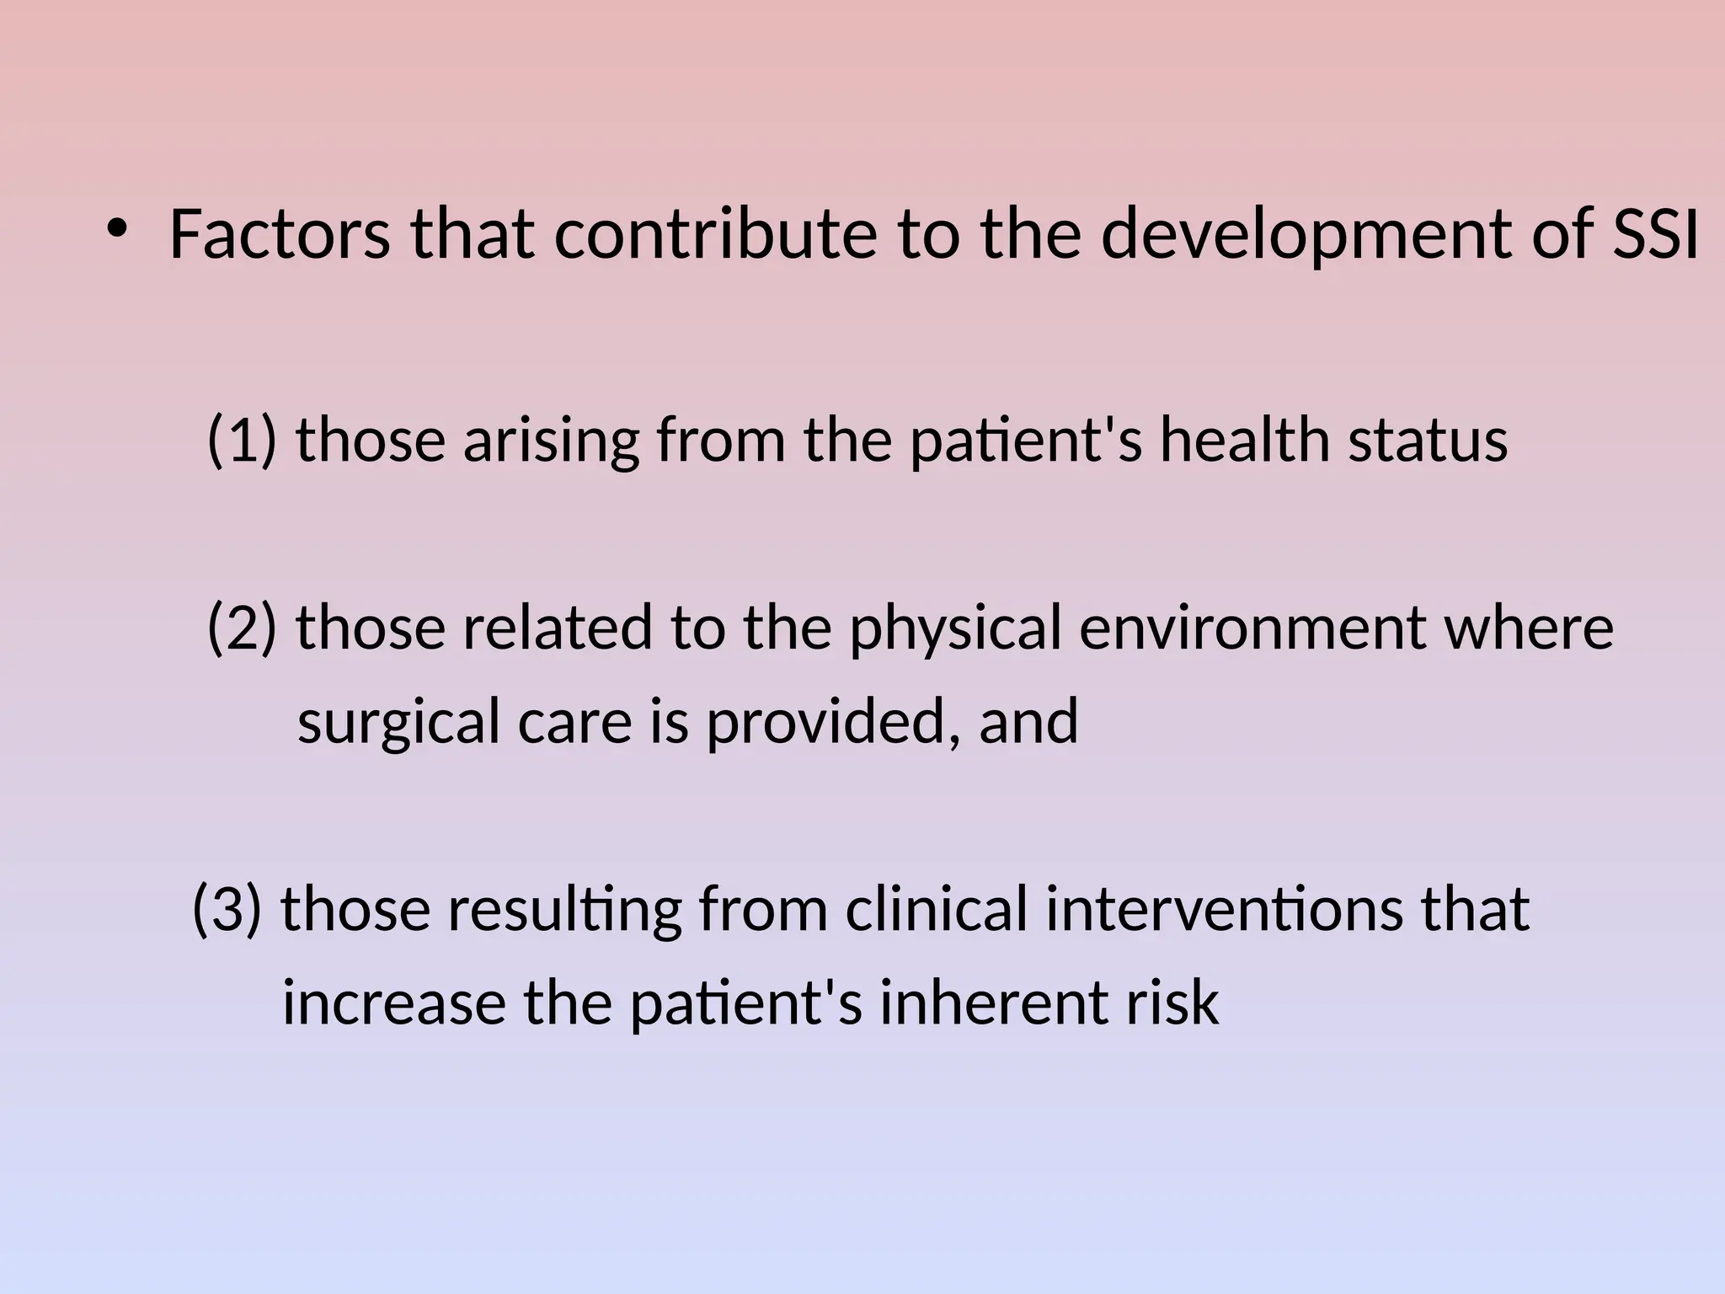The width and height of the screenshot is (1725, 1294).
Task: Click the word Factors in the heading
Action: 280,234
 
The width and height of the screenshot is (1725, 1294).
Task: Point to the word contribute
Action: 715,234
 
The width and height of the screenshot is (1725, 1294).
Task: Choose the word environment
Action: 1252,628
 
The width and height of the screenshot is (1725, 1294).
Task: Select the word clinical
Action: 937,910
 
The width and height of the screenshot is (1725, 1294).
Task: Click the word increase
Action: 394,1003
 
